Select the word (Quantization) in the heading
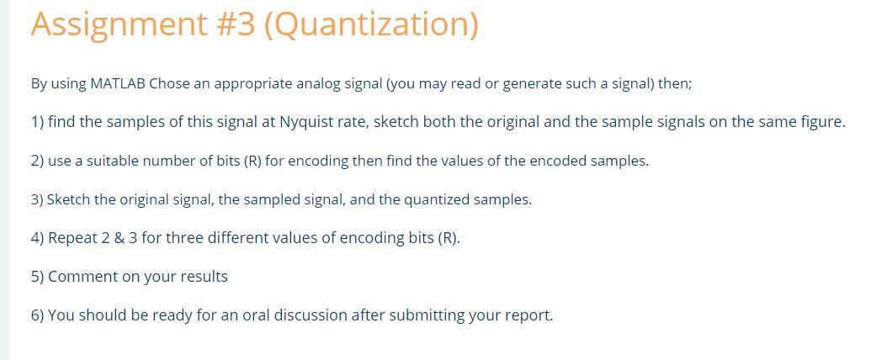pos(371,24)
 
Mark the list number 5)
pos(37,277)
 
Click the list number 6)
pos(37,315)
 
